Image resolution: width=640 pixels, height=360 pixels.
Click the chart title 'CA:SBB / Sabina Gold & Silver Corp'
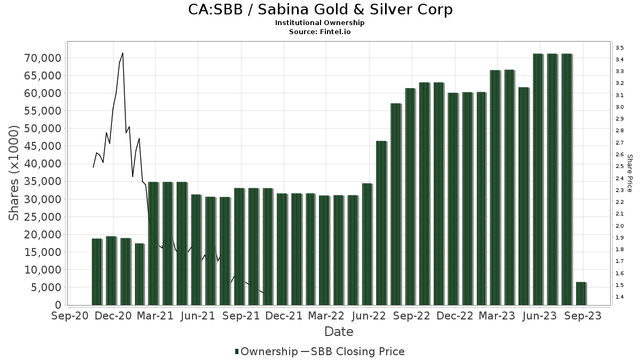click(320, 10)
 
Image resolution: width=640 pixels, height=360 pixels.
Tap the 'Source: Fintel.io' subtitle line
click(320, 31)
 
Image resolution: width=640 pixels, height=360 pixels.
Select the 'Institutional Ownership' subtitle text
click(320, 23)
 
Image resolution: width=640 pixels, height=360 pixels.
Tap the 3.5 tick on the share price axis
click(620, 48)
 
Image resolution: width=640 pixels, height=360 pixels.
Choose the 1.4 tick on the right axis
click(620, 297)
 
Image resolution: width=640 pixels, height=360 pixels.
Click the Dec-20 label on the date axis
click(113, 316)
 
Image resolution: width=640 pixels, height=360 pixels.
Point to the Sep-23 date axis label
click(583, 316)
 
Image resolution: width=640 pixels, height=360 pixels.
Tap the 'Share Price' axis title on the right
click(630, 173)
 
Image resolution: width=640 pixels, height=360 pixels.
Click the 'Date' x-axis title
click(339, 332)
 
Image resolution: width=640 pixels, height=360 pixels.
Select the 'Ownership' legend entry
click(267, 351)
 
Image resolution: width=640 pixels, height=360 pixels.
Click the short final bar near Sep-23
click(581, 293)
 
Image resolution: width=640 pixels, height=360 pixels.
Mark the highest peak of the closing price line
click(123, 53)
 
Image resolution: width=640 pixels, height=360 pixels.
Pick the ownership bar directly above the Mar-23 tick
click(495, 187)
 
